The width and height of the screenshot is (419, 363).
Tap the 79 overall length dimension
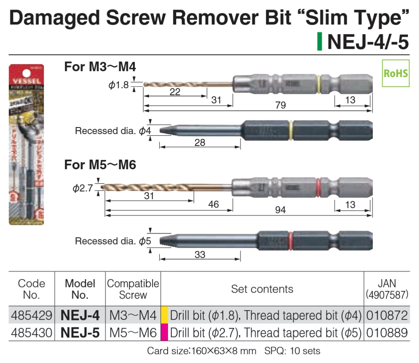click(x=281, y=106)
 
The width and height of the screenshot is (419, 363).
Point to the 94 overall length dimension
click(x=281, y=210)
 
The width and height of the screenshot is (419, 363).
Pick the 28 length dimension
click(x=200, y=143)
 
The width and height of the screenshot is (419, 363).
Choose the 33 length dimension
click(x=200, y=255)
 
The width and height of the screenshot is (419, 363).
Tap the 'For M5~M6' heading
click(x=100, y=165)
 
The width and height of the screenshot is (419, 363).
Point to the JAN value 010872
click(x=387, y=316)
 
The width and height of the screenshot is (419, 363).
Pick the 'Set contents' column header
click(x=262, y=289)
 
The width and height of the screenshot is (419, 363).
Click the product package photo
click(x=26, y=144)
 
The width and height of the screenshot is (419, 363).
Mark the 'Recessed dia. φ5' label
click(x=113, y=242)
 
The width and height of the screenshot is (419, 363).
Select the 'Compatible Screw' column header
click(x=133, y=289)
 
